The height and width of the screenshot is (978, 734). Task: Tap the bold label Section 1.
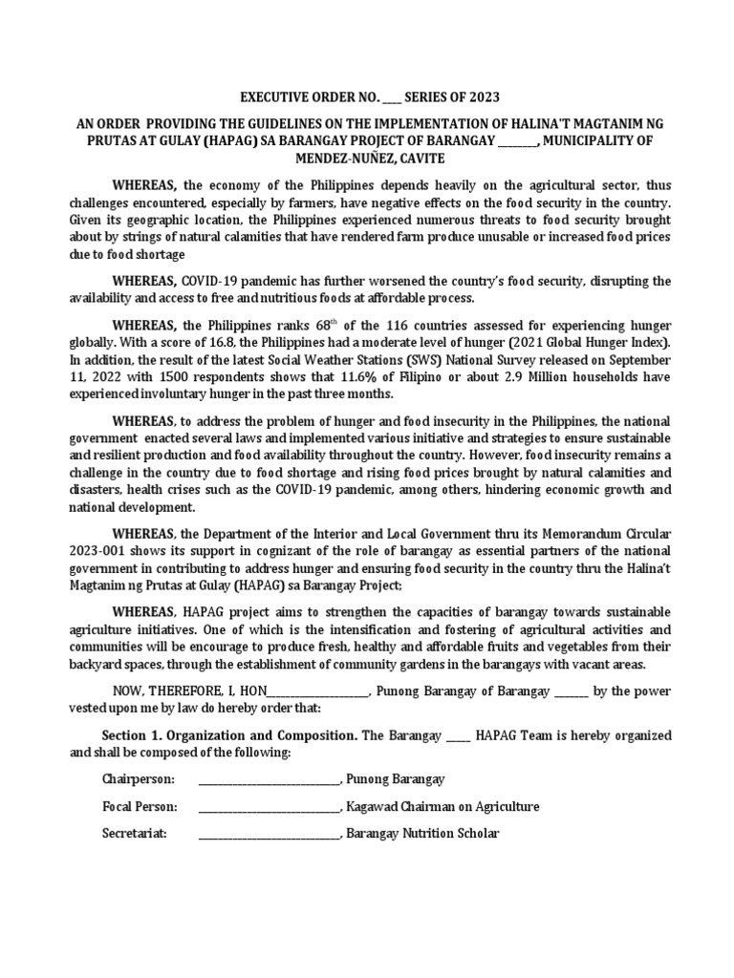tap(132, 735)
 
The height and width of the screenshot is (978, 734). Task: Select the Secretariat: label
tap(135, 834)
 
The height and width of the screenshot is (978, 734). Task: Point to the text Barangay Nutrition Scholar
tap(422, 834)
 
